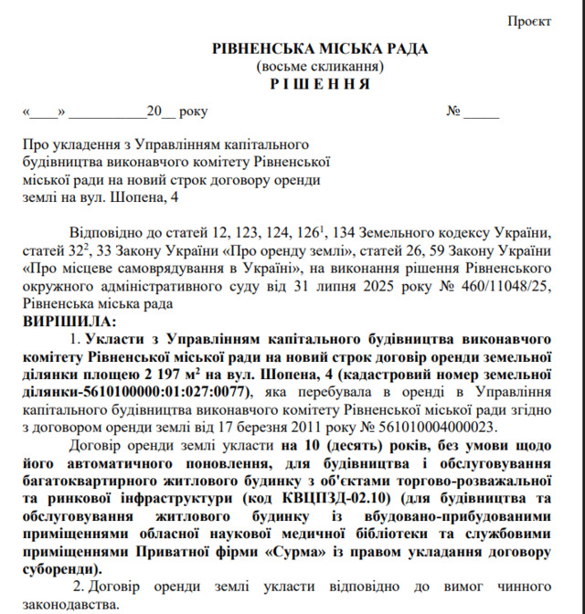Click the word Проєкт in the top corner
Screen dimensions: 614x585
529,19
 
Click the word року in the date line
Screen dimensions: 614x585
194,112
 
